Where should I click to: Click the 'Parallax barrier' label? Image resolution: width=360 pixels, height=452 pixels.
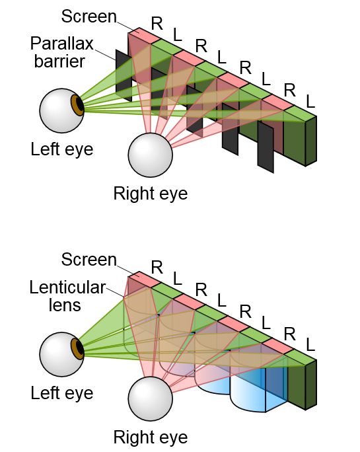62,52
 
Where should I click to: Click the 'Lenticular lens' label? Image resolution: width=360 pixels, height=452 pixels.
68,296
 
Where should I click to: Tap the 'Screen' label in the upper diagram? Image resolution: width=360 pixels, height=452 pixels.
89,17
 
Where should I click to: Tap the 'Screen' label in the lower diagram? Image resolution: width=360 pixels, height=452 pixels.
89,260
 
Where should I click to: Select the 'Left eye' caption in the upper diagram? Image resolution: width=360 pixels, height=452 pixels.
62,149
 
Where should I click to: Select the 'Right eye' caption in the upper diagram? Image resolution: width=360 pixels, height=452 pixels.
151,193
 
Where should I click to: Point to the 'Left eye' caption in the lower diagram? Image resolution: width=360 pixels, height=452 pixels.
62,393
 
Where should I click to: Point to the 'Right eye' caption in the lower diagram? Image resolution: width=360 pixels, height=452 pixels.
151,437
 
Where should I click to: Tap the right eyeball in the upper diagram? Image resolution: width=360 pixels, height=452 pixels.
151,155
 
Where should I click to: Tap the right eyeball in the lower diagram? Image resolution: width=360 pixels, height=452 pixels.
151,398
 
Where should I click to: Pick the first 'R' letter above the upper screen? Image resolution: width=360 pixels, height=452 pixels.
157,24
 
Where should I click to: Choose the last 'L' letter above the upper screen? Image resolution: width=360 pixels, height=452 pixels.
310,102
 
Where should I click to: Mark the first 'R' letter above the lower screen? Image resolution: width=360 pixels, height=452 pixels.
157,268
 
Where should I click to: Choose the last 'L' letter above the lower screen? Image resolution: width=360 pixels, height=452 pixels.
310,345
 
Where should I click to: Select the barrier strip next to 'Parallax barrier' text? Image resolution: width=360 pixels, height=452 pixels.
124,75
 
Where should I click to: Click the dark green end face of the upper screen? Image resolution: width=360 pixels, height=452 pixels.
311,141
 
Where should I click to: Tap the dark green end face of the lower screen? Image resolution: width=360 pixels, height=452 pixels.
311,385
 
